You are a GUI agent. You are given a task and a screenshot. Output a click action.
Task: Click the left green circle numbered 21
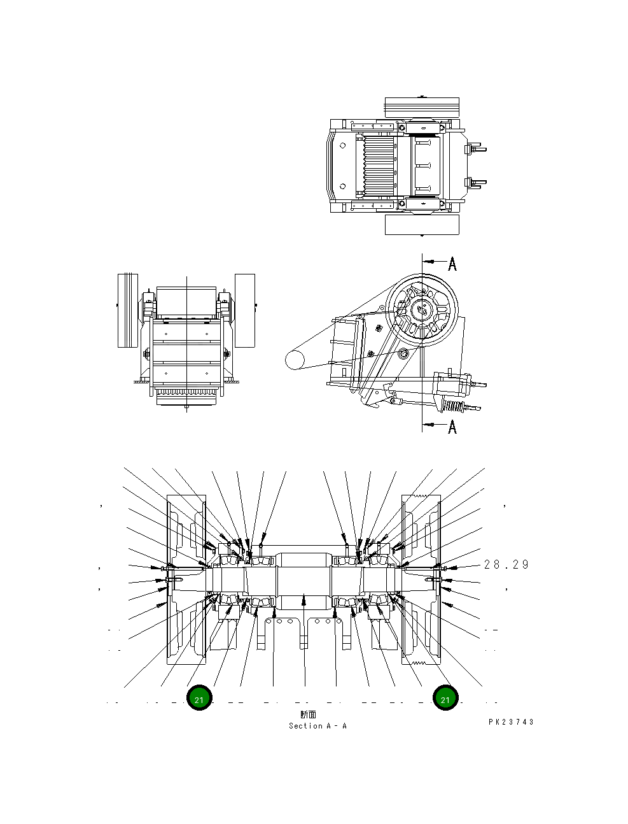pos(199,699)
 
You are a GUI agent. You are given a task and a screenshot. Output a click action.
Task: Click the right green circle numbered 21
pos(445,699)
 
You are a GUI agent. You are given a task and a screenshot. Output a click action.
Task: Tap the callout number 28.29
pos(506,565)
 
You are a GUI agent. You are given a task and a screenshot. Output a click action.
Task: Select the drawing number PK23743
pos(511,722)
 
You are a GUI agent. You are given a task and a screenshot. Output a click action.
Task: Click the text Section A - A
pos(317,726)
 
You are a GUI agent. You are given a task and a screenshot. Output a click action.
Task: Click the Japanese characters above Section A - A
pos(308,715)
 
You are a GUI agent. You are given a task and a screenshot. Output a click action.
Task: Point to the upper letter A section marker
pos(452,264)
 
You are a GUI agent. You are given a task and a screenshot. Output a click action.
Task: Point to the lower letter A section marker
pos(452,426)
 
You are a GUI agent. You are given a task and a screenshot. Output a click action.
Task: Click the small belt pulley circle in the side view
pos(296,360)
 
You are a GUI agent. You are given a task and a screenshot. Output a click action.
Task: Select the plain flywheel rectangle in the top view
pos(422,224)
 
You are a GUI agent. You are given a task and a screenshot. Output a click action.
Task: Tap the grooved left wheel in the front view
pos(128,310)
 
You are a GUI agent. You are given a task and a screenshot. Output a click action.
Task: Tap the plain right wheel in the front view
pos(244,310)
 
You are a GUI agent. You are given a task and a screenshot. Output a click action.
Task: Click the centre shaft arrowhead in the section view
pos(304,599)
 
